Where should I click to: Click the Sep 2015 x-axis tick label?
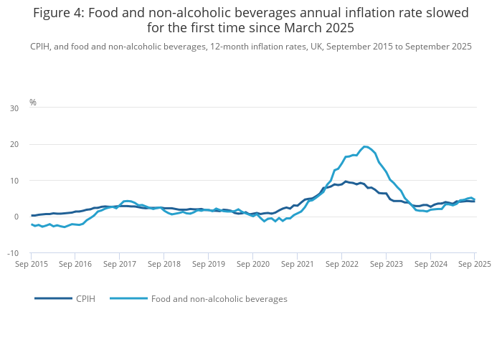click(x=31, y=264)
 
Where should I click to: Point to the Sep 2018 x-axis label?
click(x=164, y=264)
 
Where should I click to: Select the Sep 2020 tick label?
click(x=252, y=264)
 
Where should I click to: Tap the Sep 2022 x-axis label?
click(x=341, y=264)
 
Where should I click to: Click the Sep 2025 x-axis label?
click(x=474, y=264)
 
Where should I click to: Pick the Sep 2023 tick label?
click(x=386, y=264)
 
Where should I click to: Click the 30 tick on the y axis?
click(x=14, y=108)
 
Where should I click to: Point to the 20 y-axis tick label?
click(x=14, y=144)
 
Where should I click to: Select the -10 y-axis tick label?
click(x=13, y=253)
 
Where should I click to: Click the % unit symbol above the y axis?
click(x=33, y=103)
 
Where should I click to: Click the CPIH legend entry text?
click(x=86, y=298)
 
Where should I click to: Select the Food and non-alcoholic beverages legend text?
click(x=219, y=298)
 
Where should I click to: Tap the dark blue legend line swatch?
click(x=53, y=298)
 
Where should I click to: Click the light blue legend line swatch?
click(x=128, y=298)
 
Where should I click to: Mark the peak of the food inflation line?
click(x=365, y=146)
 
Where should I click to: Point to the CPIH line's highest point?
click(x=346, y=181)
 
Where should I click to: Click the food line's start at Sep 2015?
click(x=32, y=224)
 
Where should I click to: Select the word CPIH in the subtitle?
click(x=42, y=47)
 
